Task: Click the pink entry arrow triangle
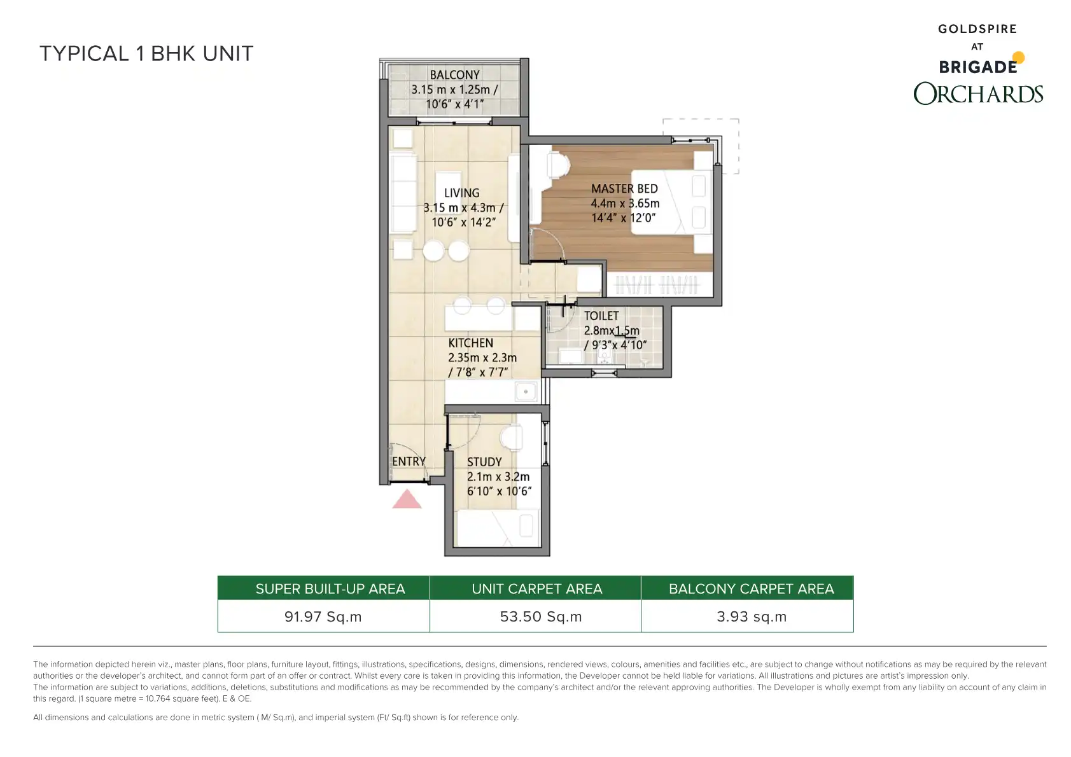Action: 407,499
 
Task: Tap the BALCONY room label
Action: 455,75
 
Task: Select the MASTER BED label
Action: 624,189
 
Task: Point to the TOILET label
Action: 601,316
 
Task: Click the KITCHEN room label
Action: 470,343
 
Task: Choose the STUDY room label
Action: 484,462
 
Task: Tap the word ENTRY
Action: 409,462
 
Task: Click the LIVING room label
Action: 462,193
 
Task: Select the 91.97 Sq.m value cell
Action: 324,616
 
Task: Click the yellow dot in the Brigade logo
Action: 1018,58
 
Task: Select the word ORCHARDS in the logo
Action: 978,94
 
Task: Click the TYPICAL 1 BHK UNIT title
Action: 146,53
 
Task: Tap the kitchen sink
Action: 526,392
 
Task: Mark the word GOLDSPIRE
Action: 977,29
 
